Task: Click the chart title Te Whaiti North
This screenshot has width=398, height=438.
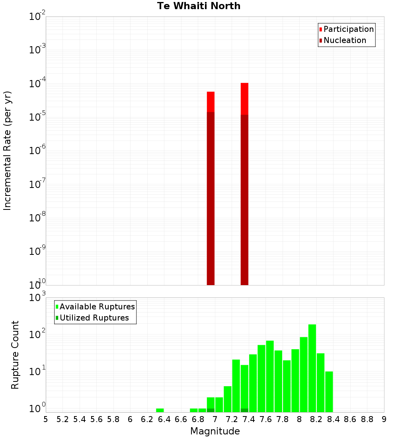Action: pos(199,6)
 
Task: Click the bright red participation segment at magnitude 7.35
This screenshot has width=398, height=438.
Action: pos(244,99)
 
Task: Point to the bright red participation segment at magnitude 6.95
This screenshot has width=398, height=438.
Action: pos(211,102)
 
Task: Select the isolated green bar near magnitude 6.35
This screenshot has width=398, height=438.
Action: pos(160,410)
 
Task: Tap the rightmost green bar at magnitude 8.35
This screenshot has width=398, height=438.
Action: pos(329,392)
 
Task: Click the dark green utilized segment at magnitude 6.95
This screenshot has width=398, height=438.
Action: pos(211,410)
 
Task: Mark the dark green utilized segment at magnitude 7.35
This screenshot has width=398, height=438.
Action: pos(244,410)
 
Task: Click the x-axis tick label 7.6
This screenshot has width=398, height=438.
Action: pos(265,419)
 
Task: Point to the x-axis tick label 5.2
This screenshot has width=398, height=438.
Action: pos(62,419)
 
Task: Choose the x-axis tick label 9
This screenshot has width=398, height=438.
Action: pos(384,419)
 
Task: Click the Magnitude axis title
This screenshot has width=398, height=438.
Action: pos(215,431)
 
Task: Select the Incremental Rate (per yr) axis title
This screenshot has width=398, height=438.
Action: pos(8,151)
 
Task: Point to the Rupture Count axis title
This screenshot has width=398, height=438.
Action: pos(15,355)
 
